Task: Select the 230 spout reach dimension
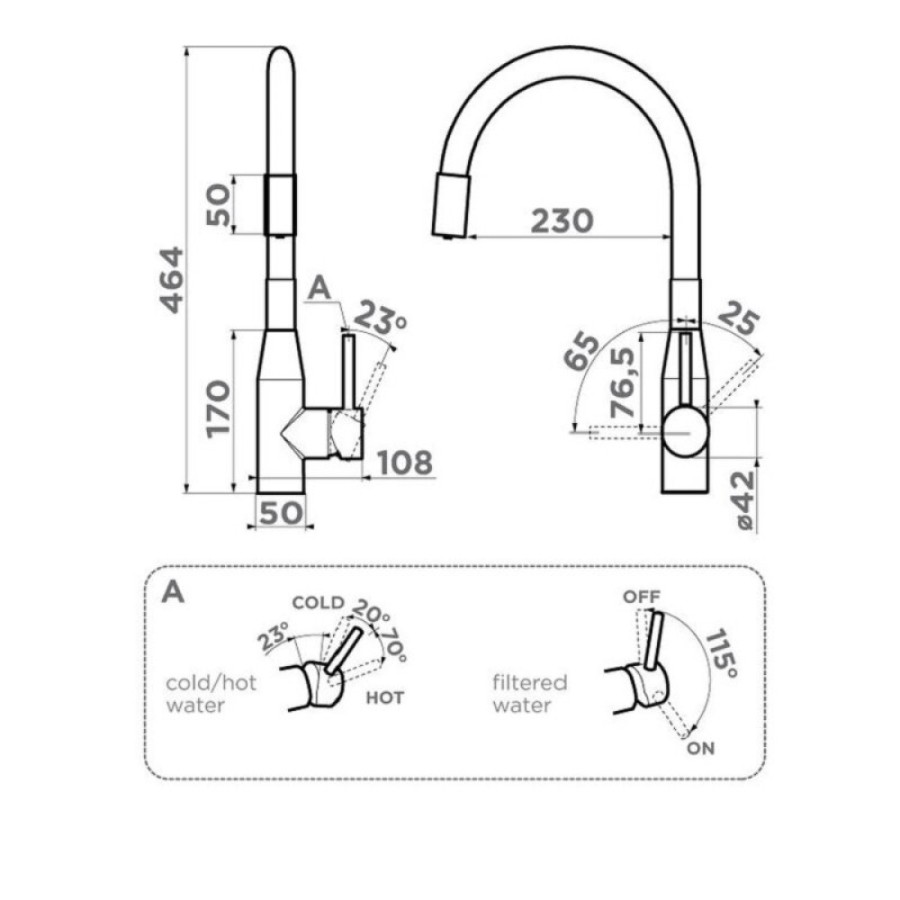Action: [x=562, y=221]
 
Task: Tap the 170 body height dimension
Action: [x=219, y=409]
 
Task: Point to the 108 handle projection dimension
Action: [x=405, y=463]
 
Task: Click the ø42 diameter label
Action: [x=744, y=501]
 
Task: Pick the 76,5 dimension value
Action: [x=623, y=383]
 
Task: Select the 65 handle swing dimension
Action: [x=581, y=351]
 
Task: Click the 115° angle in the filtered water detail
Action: [x=721, y=653]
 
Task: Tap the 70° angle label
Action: [x=394, y=645]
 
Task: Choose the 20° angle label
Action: [x=370, y=612]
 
